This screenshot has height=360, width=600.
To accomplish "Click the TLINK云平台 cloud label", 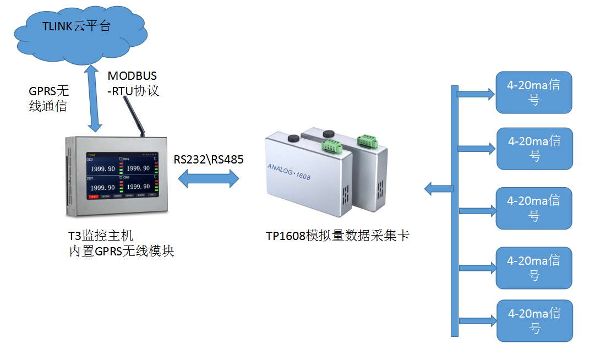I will [x=78, y=26].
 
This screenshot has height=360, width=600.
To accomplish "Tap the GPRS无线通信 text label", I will [x=48, y=99].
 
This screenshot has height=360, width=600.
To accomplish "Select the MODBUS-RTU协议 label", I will [x=133, y=83].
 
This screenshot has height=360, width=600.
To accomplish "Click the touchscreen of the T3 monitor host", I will [x=122, y=174].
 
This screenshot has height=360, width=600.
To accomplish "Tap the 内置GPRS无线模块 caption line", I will [x=121, y=252].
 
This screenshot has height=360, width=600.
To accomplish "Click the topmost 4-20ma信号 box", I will [x=534, y=92].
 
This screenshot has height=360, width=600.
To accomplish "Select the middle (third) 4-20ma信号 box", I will [x=534, y=208].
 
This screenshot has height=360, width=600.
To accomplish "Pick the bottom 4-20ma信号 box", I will [x=534, y=320].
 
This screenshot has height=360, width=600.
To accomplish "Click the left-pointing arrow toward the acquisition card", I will [x=438, y=189].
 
